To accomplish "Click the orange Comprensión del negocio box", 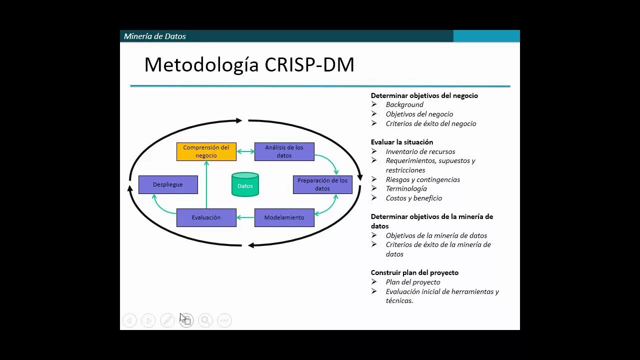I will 206,151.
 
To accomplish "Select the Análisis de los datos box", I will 284,151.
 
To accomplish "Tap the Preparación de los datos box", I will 322,184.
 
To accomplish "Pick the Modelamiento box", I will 284,217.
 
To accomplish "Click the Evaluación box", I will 206,217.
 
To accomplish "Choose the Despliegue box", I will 168,184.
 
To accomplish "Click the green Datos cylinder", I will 245,184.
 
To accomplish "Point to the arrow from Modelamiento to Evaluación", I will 245,217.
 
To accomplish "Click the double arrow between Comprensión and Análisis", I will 245,151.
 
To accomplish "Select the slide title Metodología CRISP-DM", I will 249,65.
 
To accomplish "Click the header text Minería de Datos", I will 155,36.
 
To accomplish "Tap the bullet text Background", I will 404,104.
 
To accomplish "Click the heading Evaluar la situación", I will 402,142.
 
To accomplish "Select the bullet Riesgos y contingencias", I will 422,179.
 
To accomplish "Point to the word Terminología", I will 406,188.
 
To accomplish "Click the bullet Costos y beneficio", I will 413,198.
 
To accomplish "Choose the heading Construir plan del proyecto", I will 414,272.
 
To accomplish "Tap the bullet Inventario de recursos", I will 420,151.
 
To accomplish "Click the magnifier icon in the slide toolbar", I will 205,320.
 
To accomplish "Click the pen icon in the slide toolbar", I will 167,320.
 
